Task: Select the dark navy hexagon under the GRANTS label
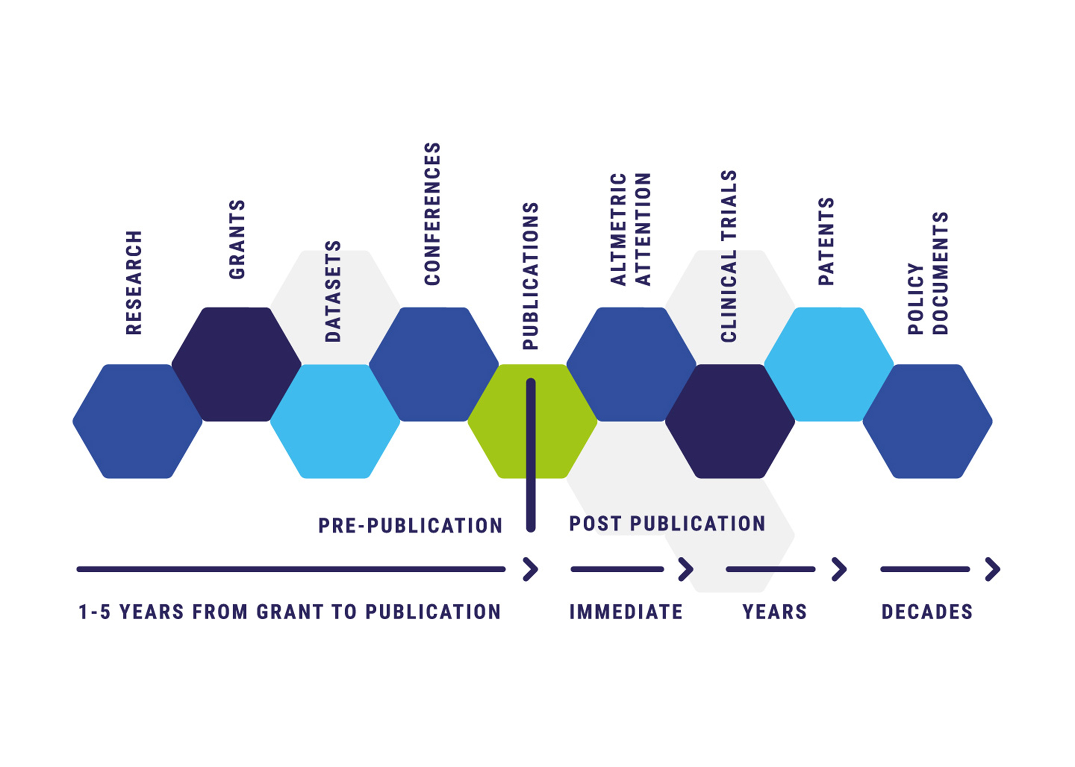pos(236,364)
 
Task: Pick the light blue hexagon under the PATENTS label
pos(829,364)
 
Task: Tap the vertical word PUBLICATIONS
pos(531,276)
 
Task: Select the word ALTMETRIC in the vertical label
pos(618,230)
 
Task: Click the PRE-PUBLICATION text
pos(410,526)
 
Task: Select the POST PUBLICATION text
pos(667,524)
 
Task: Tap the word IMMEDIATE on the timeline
pos(626,612)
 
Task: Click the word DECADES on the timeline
pos(927,612)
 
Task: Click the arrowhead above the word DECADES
pos(993,569)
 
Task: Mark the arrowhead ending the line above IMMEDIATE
pos(686,569)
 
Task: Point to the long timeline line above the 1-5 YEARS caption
pos(291,569)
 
